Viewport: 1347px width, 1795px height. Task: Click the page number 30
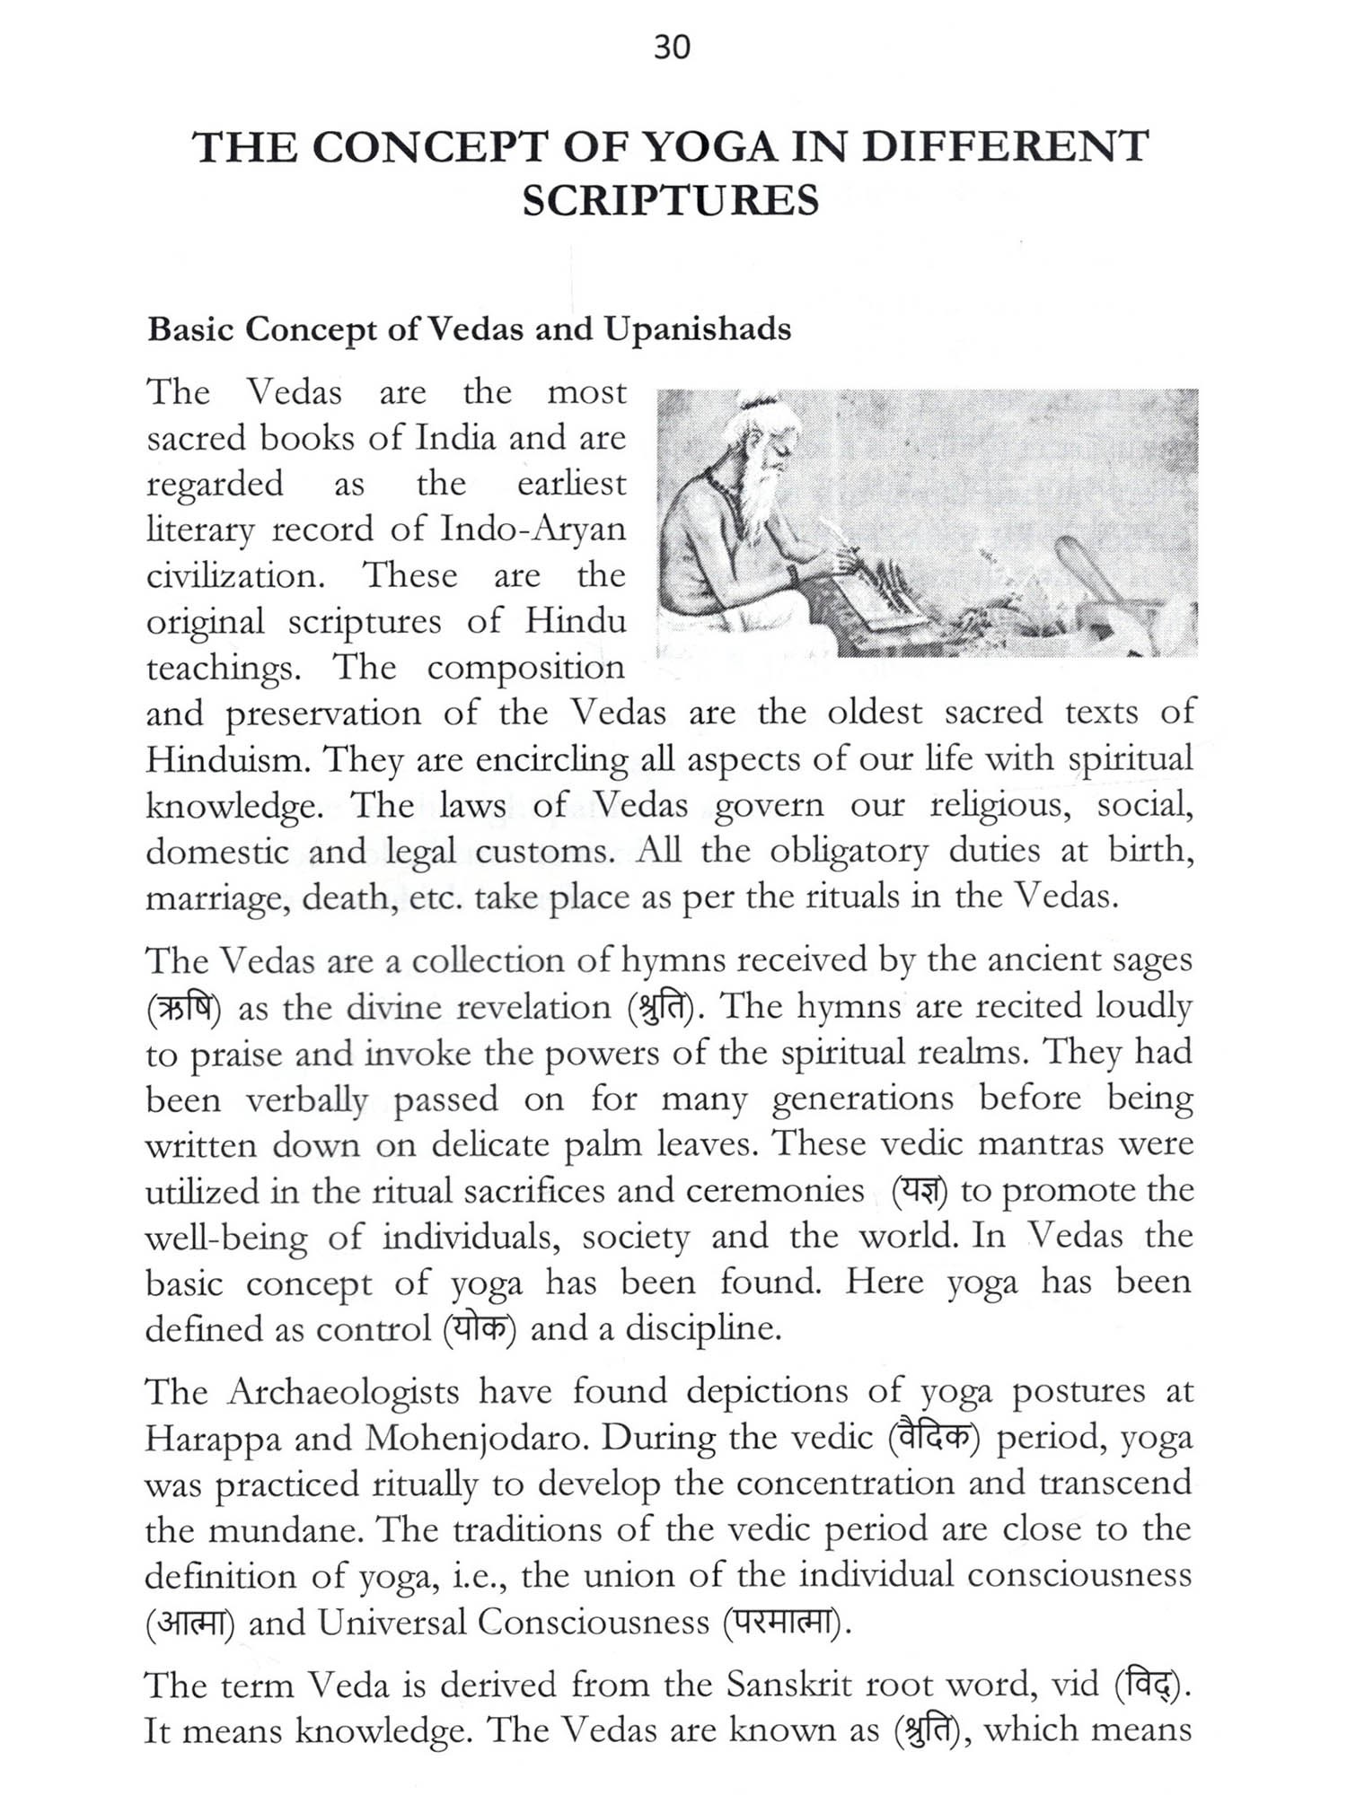[672, 46]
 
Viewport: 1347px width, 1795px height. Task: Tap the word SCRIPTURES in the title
[671, 200]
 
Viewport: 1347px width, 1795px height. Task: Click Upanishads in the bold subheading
[697, 329]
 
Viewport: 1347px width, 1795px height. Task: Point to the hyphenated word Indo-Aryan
[533, 530]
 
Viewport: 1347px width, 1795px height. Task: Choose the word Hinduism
[227, 760]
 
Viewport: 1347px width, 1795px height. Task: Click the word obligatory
[848, 851]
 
